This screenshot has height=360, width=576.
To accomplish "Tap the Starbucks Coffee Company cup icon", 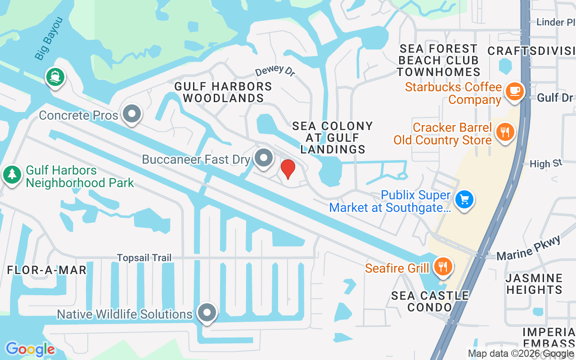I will tap(514, 91).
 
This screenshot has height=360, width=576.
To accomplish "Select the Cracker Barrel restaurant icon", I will tap(504, 132).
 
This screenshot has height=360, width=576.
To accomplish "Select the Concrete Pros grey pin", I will tap(132, 114).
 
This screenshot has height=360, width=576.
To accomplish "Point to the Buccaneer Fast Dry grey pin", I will tap(263, 158).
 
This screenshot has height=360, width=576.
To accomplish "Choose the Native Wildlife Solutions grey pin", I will tap(207, 312).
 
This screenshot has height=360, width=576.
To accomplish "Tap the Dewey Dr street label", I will tap(274, 71).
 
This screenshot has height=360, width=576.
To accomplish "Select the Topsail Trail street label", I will tap(144, 258).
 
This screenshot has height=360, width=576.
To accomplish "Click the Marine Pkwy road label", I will tap(529, 248).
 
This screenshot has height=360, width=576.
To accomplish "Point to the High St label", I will tap(546, 163).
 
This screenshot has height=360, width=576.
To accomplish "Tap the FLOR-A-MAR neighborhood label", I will tap(47, 270).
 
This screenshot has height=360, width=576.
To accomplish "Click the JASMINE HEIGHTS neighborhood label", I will tap(535, 283).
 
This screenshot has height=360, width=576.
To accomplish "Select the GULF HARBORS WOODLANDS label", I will tap(223, 92).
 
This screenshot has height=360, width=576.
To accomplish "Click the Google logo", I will tap(30, 349).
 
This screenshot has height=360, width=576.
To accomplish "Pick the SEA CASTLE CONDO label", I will tap(430, 301).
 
